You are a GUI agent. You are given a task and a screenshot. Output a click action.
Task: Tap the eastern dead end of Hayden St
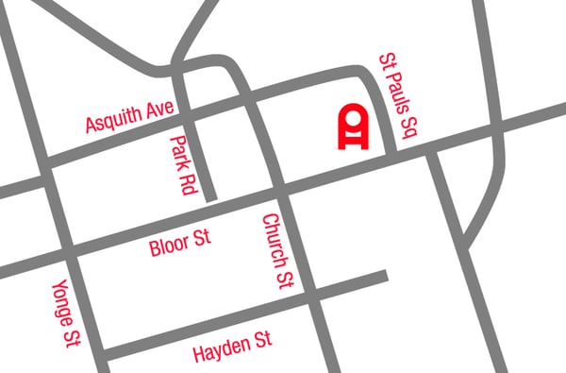[x=385, y=277]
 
